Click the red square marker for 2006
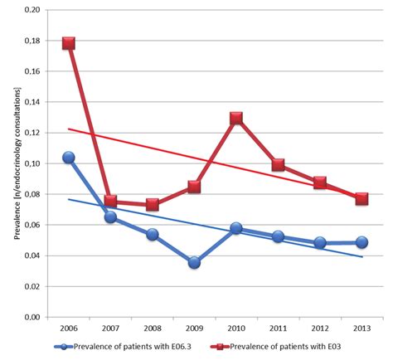(x=69, y=43)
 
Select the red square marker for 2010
(x=236, y=119)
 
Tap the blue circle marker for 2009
(x=194, y=262)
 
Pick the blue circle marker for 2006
(x=69, y=158)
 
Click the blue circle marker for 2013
(x=361, y=242)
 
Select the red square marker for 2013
(x=361, y=199)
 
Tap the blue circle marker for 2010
(x=236, y=227)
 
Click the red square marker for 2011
(x=278, y=165)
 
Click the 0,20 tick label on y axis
(x=31, y=11)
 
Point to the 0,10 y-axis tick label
(x=31, y=163)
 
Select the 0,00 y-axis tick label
(x=31, y=317)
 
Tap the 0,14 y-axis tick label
(x=31, y=103)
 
